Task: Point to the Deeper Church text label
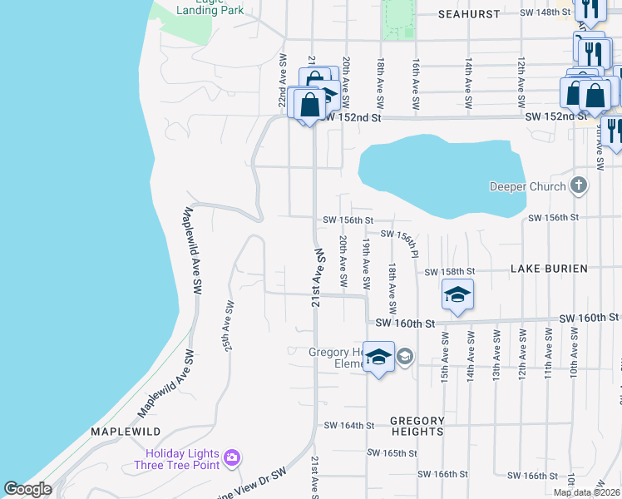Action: pyautogui.click(x=527, y=186)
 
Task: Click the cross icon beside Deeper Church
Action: pyautogui.click(x=579, y=185)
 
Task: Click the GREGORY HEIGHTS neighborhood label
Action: pyautogui.click(x=417, y=427)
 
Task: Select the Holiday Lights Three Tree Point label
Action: pyautogui.click(x=180, y=459)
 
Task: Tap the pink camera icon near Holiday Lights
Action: pyautogui.click(x=232, y=457)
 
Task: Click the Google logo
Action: pyautogui.click(x=27, y=489)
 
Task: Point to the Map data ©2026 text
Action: pyautogui.click(x=587, y=492)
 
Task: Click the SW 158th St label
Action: pyautogui.click(x=449, y=272)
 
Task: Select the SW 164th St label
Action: pyautogui.click(x=349, y=425)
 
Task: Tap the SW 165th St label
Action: pyautogui.click(x=392, y=453)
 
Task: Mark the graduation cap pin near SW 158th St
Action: pyautogui.click(x=457, y=294)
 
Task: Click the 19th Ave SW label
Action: pyautogui.click(x=365, y=259)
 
